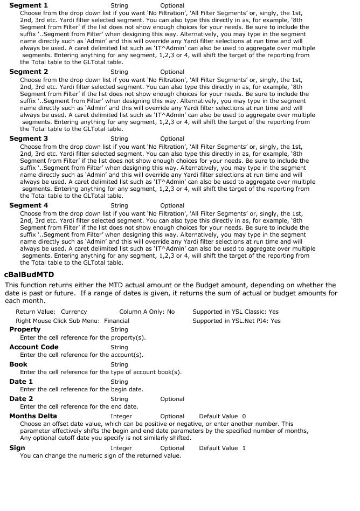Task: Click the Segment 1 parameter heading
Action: (29, 5)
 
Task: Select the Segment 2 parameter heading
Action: (29, 72)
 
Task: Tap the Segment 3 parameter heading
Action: (29, 139)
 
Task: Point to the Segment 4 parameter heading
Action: (29, 205)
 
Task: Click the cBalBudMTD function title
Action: (29, 275)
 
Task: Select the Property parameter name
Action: (25, 329)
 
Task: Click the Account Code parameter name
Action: (34, 347)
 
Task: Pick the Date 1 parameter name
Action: (21, 382)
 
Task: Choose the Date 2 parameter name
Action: (21, 399)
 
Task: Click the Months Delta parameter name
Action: (33, 416)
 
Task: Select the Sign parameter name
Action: (17, 448)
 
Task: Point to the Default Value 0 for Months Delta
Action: (222, 417)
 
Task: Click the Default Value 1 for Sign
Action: (222, 448)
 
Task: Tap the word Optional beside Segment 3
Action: (172, 139)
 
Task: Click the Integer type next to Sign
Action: (121, 448)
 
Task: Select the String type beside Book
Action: (119, 365)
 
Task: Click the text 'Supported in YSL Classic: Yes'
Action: (236, 312)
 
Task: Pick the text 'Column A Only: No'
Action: (147, 312)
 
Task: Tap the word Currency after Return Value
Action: (74, 312)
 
